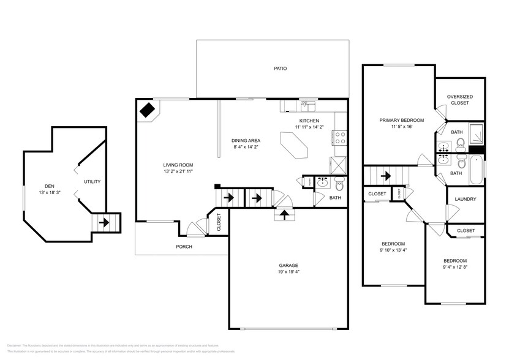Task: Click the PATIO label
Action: click(x=280, y=69)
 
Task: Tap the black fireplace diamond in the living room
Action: click(x=147, y=110)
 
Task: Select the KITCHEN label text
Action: click(x=309, y=120)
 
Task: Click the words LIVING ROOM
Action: click(x=178, y=165)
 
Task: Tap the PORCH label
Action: click(x=184, y=247)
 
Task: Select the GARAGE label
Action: click(x=288, y=265)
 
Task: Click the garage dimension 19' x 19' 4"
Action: click(x=288, y=272)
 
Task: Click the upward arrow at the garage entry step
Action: click(x=284, y=214)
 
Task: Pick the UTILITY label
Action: click(x=92, y=182)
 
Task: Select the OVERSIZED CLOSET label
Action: click(x=458, y=100)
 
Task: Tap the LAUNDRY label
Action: click(x=465, y=199)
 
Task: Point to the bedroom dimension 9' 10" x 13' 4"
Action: click(x=393, y=250)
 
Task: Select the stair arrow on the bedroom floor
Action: click(x=386, y=176)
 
